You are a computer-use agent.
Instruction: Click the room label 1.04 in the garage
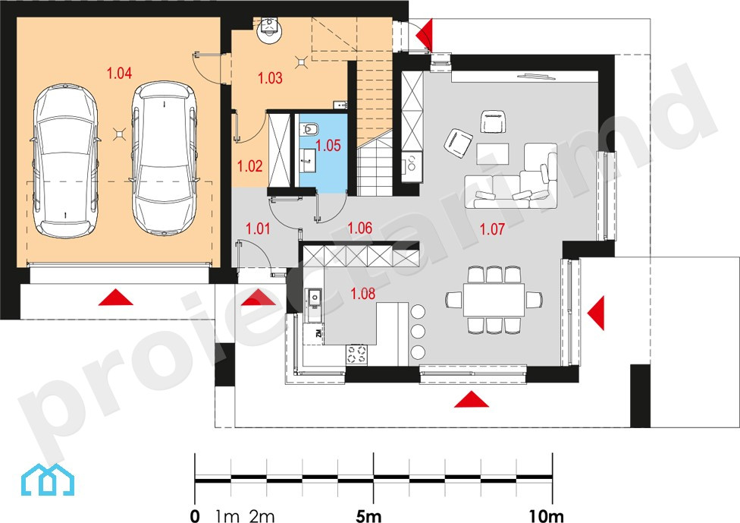click(x=119, y=73)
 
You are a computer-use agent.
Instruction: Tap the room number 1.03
click(x=270, y=78)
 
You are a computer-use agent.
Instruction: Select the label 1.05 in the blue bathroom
click(x=328, y=146)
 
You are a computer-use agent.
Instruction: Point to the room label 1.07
click(x=492, y=229)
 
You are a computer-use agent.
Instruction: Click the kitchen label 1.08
click(x=362, y=294)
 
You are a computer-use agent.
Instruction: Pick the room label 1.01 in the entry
click(x=258, y=228)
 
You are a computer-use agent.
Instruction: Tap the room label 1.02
click(x=249, y=165)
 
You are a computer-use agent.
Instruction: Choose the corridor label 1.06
click(x=359, y=228)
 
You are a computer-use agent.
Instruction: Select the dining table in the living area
click(x=494, y=300)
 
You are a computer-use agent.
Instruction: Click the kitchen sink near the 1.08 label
click(x=315, y=298)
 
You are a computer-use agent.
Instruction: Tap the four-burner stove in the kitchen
click(x=357, y=354)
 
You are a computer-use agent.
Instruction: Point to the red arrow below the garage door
click(x=115, y=298)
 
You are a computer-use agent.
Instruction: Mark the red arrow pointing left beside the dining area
click(x=596, y=313)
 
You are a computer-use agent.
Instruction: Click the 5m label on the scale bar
click(x=368, y=516)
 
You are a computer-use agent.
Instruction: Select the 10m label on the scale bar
click(x=546, y=516)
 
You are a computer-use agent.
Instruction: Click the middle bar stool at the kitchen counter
click(x=418, y=332)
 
